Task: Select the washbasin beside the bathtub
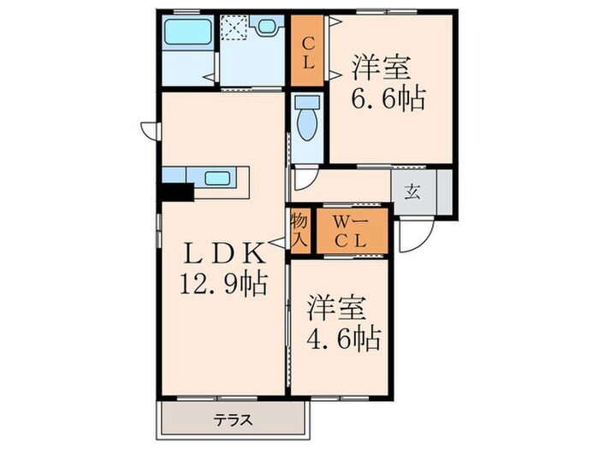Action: click(268, 27)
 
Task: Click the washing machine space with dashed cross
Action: click(232, 29)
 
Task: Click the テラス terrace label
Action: click(232, 421)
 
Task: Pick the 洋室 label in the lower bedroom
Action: click(339, 306)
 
